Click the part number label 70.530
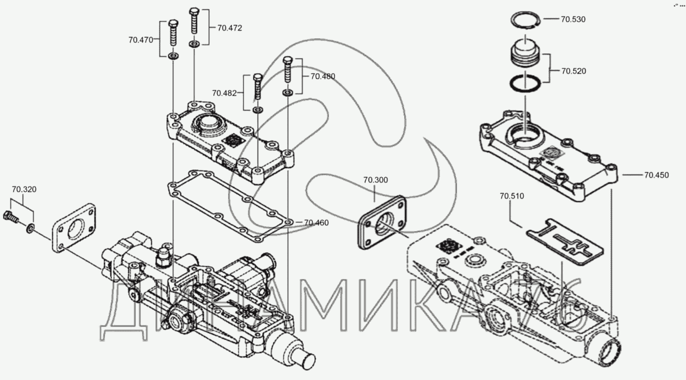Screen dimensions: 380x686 click(573, 19)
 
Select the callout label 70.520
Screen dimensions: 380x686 click(573, 71)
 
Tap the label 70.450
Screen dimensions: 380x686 click(656, 175)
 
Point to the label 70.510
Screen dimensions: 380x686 click(512, 196)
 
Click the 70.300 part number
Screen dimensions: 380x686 click(375, 180)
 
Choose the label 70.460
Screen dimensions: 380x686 click(316, 222)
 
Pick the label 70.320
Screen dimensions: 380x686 click(24, 189)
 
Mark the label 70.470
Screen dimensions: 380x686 click(141, 40)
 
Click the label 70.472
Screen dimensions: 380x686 click(230, 28)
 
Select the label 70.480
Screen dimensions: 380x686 click(323, 76)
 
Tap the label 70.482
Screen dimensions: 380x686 click(224, 93)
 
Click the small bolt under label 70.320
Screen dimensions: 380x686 click(10, 216)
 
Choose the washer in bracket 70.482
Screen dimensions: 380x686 click(258, 110)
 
